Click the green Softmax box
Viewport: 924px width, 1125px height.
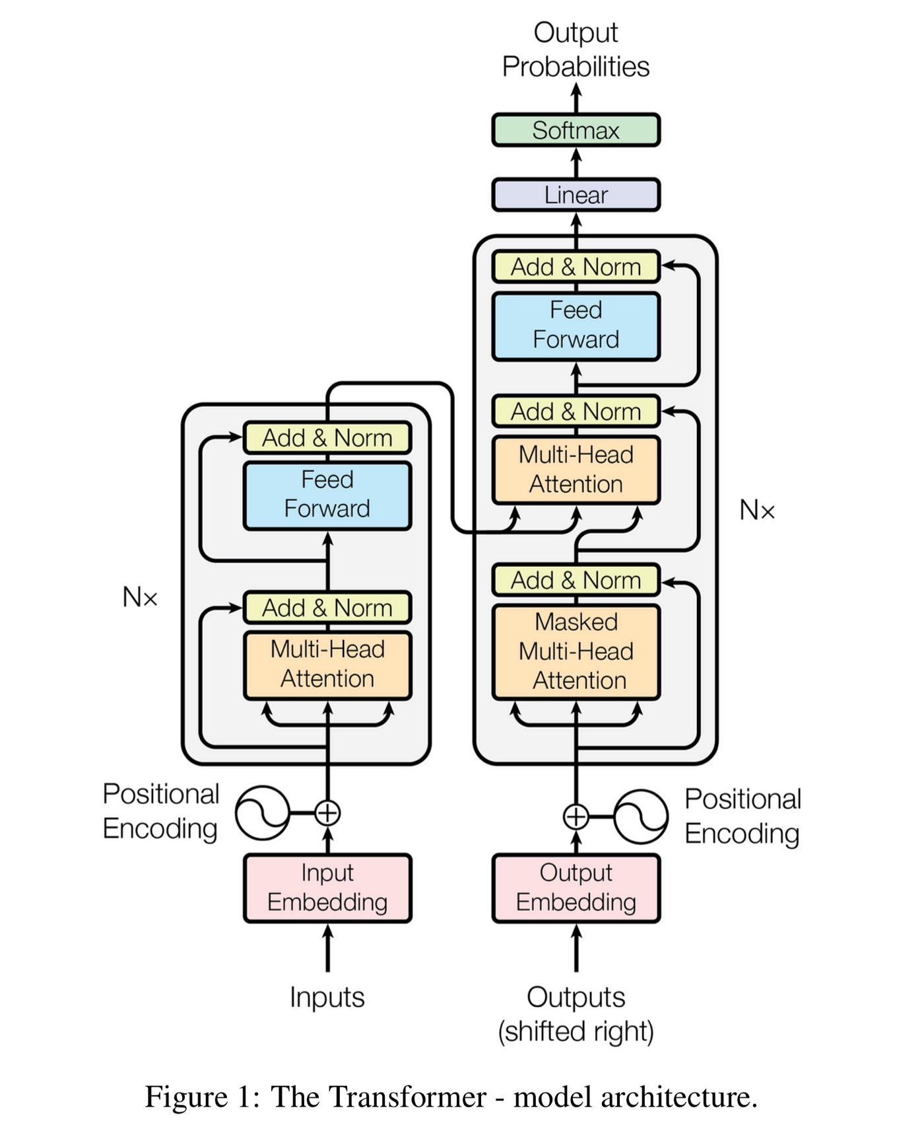(576, 130)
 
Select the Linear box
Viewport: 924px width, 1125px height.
(576, 195)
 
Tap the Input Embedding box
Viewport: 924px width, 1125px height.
(327, 888)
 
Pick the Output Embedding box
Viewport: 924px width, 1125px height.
(576, 888)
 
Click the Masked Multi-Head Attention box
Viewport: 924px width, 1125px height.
(576, 651)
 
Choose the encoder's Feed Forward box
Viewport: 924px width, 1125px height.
(327, 495)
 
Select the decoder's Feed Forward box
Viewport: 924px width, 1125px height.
(576, 326)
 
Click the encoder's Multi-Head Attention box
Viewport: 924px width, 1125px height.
(327, 665)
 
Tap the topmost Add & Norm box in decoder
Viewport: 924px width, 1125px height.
(576, 267)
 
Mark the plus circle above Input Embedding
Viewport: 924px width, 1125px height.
(327, 813)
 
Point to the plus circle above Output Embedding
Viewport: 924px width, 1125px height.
(576, 817)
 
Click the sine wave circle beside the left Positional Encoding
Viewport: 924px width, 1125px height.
(263, 813)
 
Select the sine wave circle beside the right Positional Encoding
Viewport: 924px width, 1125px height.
(640, 817)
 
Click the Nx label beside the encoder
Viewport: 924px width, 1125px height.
(140, 597)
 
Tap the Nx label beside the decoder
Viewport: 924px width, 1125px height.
(756, 510)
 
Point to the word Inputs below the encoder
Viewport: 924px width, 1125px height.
(327, 997)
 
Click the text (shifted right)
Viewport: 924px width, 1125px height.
(576, 1031)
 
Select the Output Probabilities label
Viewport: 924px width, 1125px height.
(576, 50)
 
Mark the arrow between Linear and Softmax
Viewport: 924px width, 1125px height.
(576, 163)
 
